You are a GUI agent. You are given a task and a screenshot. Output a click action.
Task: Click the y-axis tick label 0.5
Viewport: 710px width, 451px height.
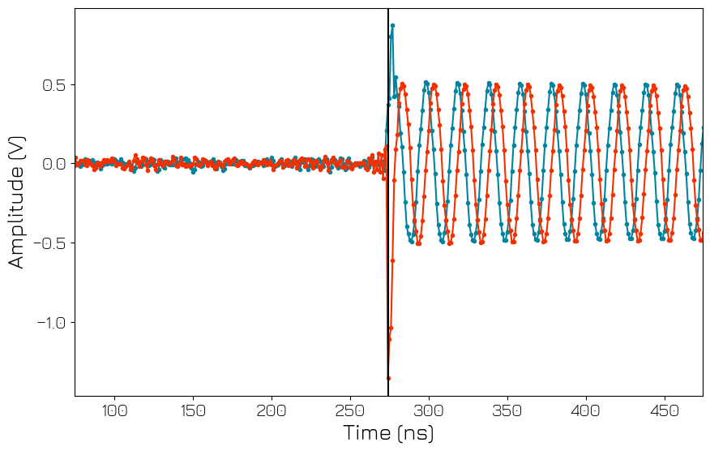point(54,85)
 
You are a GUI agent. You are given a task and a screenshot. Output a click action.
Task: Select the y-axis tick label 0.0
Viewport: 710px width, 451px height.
point(54,164)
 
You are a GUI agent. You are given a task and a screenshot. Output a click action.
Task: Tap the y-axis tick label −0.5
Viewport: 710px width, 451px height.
point(49,243)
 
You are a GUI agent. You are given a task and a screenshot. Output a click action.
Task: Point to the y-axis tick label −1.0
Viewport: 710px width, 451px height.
point(49,322)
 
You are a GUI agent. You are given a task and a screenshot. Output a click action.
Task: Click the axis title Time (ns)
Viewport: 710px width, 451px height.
point(388,433)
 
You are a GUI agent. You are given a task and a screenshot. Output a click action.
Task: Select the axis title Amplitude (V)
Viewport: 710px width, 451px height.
point(17,202)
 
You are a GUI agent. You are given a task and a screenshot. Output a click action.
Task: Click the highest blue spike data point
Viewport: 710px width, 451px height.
point(392,26)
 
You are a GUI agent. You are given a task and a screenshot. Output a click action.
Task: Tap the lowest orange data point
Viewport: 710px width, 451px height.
point(388,378)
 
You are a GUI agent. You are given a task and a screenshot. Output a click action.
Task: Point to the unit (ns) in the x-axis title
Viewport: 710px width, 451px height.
point(414,433)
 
